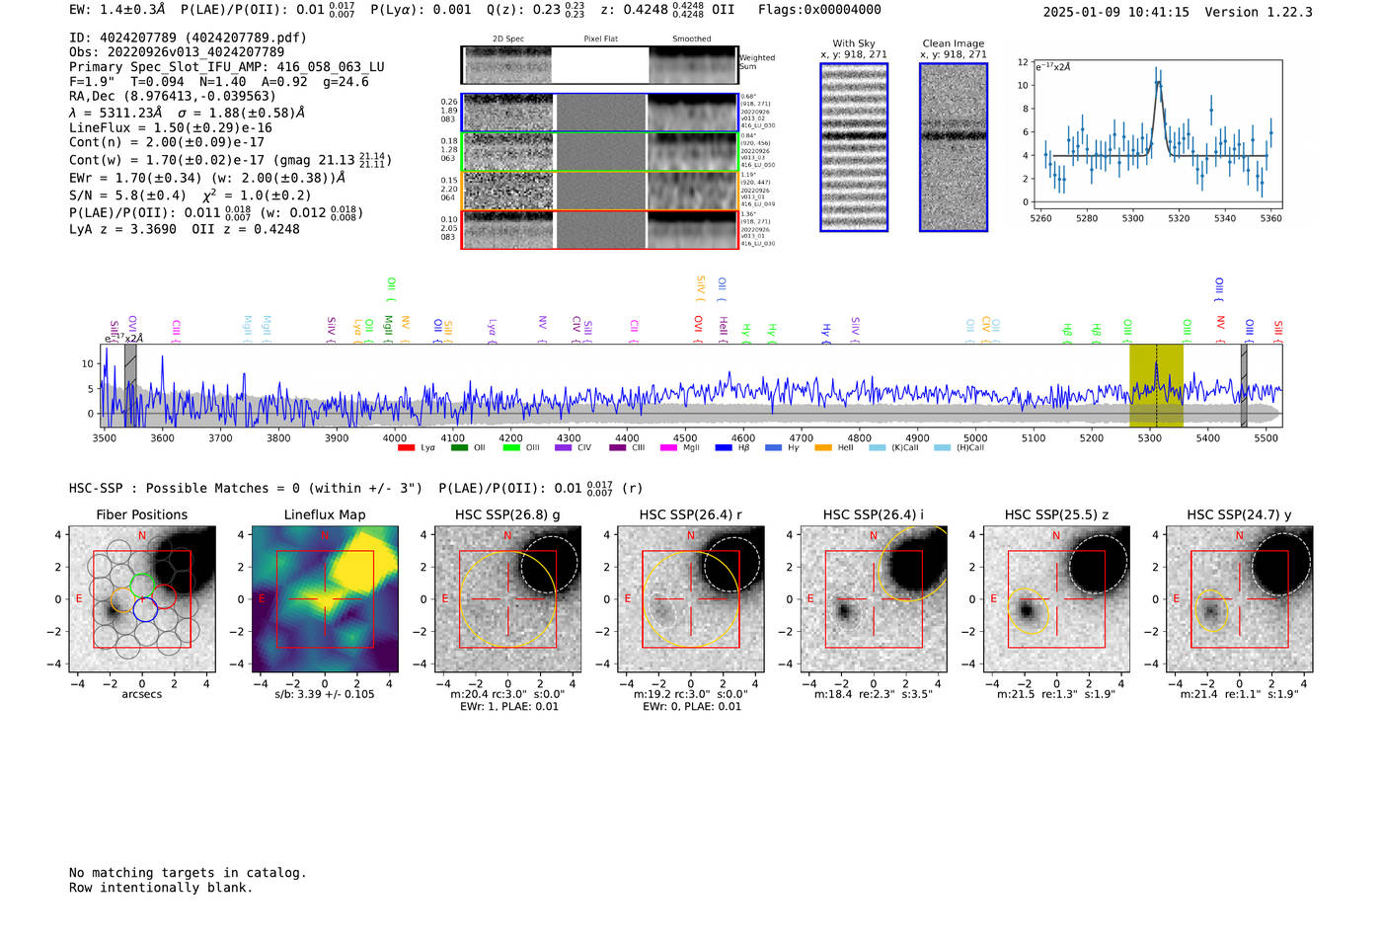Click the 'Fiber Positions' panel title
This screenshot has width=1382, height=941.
click(141, 514)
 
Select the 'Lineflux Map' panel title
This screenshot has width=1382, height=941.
click(325, 514)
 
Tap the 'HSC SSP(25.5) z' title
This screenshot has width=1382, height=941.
click(1056, 514)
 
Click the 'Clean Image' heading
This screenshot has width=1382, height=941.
click(953, 43)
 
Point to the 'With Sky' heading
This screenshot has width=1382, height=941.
click(853, 43)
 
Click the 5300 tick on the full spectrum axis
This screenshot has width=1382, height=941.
click(1149, 438)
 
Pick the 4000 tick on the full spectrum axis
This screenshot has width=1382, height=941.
click(395, 438)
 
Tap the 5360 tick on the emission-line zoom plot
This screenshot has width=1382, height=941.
click(1271, 218)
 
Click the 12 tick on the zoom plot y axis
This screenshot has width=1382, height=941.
click(1023, 62)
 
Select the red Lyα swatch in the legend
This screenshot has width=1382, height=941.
click(406, 448)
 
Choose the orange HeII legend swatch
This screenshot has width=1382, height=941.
click(823, 448)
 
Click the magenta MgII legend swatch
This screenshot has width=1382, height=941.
click(668, 448)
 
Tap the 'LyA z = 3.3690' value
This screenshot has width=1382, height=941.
click(122, 229)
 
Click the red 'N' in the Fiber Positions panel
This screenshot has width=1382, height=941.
click(142, 536)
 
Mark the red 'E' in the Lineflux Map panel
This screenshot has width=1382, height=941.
click(262, 599)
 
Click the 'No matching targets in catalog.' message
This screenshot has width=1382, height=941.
click(188, 873)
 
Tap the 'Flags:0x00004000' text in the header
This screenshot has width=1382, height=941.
click(819, 10)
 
